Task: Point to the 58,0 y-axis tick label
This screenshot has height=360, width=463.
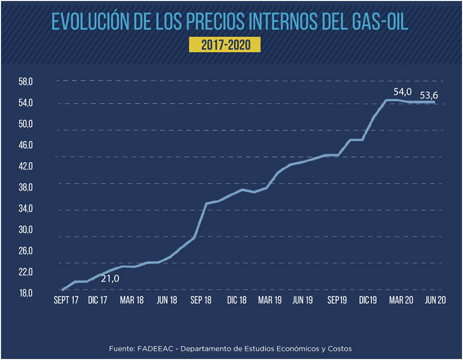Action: click(x=27, y=82)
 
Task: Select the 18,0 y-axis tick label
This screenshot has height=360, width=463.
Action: click(x=27, y=293)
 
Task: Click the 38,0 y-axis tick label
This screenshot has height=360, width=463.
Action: click(x=27, y=188)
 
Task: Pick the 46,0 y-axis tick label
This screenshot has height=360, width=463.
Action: click(x=27, y=145)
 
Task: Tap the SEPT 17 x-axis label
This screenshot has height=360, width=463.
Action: click(x=65, y=301)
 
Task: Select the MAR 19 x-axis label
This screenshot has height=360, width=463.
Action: click(x=270, y=301)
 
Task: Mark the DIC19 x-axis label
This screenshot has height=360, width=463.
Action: click(x=369, y=301)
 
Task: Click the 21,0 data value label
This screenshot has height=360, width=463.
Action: click(x=109, y=279)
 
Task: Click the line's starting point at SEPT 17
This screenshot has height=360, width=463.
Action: click(x=62, y=289)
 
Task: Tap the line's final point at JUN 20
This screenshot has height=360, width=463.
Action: click(x=435, y=102)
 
